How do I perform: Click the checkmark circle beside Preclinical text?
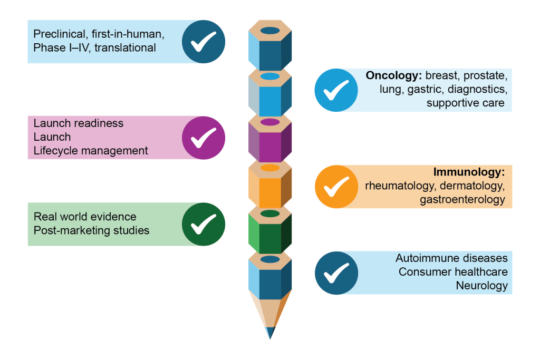pos(204,42)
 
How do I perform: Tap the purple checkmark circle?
pos(204,138)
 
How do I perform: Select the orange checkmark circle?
pos(336,186)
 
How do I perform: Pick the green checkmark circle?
pos(204,224)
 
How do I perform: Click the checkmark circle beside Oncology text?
pos(336,90)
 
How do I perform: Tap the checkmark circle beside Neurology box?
pos(336,273)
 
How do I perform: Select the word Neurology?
pos(483,286)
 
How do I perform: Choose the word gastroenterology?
pos(462,199)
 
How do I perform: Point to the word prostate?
pos(486,75)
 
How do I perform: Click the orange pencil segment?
pos(270,186)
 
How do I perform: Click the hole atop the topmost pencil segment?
pos(270,30)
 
